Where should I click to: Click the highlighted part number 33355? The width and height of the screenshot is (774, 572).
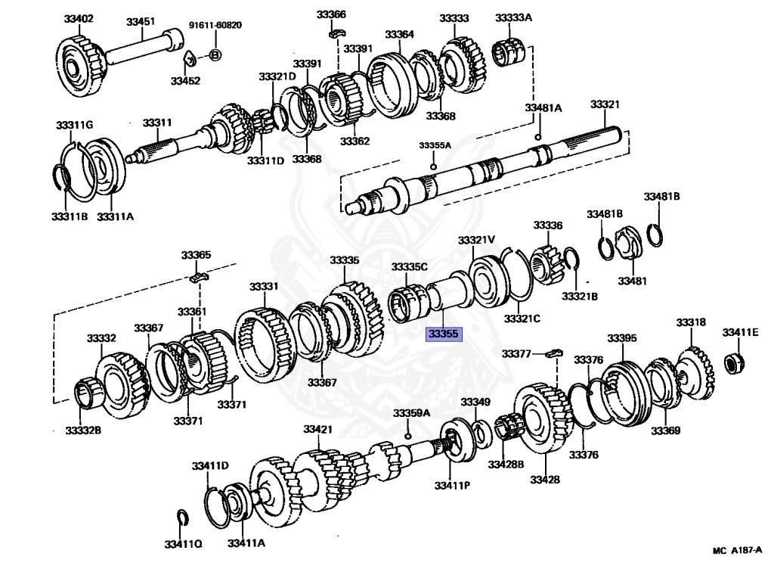click(x=443, y=333)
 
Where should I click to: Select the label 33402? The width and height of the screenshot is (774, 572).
click(x=78, y=19)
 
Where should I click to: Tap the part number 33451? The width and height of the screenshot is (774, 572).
click(x=141, y=22)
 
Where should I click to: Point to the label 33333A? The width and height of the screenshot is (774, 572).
click(x=514, y=17)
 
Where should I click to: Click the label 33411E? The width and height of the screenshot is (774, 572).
click(x=740, y=332)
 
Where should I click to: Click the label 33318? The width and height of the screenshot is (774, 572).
click(x=691, y=322)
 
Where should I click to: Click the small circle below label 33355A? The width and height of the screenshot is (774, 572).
click(x=433, y=166)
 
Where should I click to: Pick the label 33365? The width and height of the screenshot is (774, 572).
click(x=197, y=256)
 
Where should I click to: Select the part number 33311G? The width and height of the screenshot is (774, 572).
click(x=74, y=124)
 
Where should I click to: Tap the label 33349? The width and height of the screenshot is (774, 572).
click(x=475, y=402)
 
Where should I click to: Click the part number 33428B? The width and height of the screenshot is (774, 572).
click(x=506, y=464)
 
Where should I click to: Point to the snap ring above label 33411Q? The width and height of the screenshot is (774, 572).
click(x=181, y=517)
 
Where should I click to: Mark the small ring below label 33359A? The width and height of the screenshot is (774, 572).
click(x=408, y=436)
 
